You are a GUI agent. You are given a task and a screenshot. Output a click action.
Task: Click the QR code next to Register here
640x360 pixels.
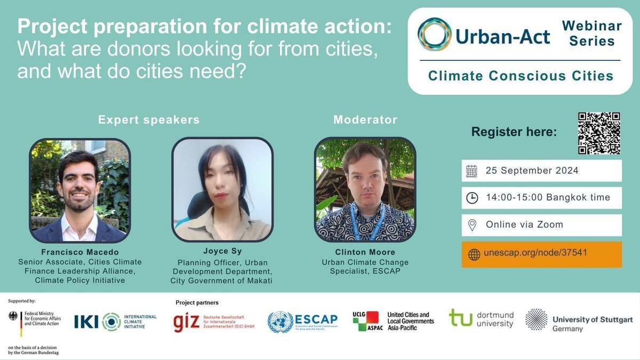pos(599,133)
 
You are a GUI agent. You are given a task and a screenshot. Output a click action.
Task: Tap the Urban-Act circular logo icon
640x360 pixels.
pos(434,34)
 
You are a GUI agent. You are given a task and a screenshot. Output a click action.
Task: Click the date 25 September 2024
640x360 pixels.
pos(532,171)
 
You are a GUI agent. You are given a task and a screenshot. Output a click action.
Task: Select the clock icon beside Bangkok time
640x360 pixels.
pos(472,198)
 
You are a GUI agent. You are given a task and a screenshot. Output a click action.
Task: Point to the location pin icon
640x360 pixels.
pos(472,225)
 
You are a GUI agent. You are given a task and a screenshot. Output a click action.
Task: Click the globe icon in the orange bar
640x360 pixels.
pos(474,254)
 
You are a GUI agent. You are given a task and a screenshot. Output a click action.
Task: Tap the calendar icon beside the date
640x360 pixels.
pos(472,171)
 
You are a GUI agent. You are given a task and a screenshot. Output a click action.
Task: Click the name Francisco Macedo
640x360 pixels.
pos(79,252)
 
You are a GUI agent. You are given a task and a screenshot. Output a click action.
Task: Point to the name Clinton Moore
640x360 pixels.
pos(365,252)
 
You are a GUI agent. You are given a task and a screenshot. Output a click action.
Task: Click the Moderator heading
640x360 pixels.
pos(365,119)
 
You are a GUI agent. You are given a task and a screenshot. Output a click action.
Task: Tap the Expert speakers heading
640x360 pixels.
pos(149,119)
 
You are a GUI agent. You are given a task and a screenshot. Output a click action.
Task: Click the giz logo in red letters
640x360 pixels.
pos(186,322)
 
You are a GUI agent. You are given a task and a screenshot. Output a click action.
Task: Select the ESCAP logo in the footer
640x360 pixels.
pos(302,322)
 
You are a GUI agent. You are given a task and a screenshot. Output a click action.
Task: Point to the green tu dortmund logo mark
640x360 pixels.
pos(460,317)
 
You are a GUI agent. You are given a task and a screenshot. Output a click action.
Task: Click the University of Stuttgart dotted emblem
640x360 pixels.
pos(536,319)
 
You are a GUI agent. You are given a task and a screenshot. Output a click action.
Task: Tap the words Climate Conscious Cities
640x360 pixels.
pos(521,76)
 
